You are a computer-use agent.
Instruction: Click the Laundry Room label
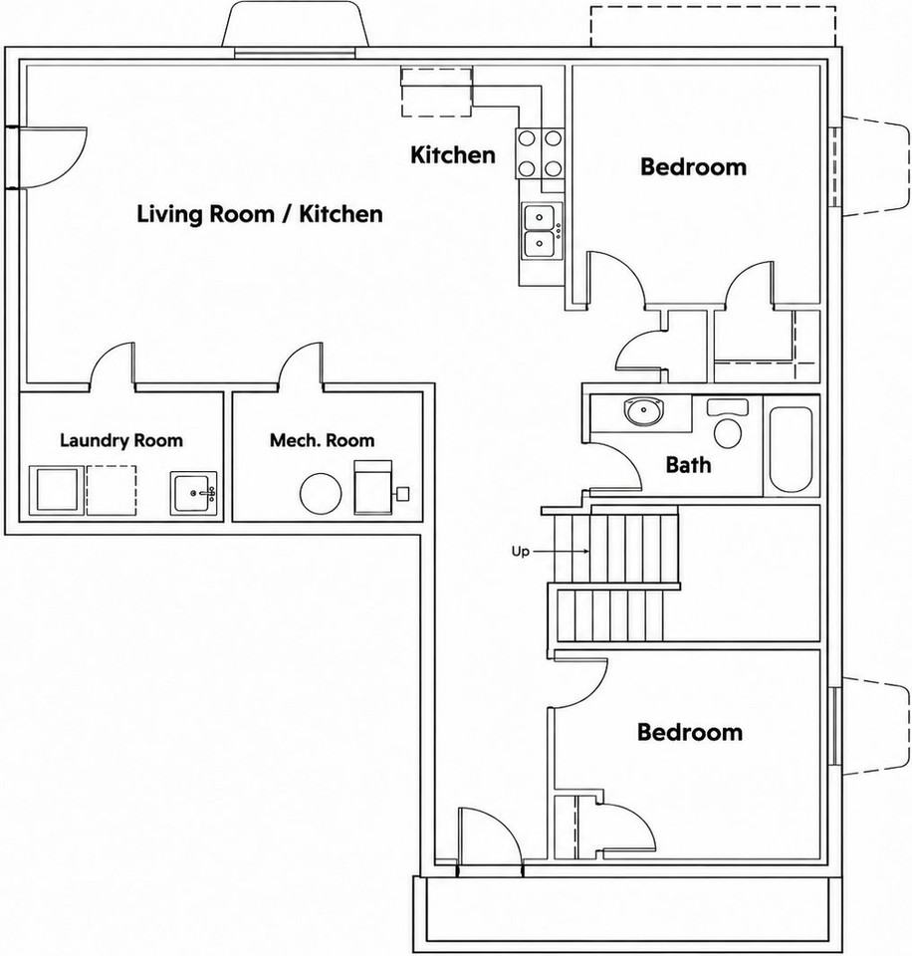coord(121,440)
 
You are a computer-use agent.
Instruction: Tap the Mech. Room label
coord(322,440)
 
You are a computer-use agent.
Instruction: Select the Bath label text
coord(688,465)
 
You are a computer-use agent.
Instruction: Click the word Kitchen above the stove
coord(453,155)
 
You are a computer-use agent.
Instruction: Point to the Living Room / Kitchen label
coord(260,214)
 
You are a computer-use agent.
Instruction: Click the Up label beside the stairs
coord(520,552)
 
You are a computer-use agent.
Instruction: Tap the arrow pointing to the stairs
coord(561,551)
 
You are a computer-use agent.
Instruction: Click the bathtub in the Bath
coord(791,449)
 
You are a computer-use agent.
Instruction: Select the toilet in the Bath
coord(727,423)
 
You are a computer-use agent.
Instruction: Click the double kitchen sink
coord(541,232)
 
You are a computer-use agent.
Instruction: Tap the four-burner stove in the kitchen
coord(540,153)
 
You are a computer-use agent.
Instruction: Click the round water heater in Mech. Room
coord(321,493)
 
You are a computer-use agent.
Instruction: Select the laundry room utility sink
coord(193,493)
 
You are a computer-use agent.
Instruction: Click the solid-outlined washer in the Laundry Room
coord(57,491)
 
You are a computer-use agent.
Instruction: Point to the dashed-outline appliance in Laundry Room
coord(111,491)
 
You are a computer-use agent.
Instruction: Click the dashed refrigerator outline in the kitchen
coord(436,92)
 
